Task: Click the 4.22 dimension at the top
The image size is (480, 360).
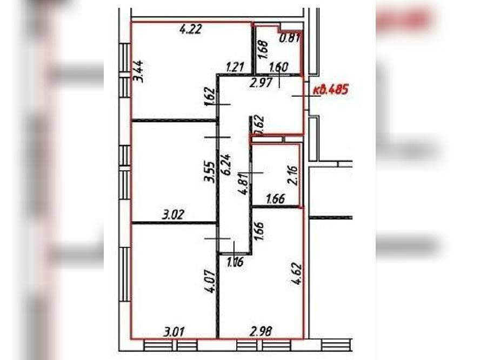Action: coord(190,30)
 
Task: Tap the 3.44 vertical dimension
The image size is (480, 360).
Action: coord(139,71)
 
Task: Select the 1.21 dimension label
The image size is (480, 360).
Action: coord(235,68)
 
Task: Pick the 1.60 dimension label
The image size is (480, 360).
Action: coord(278,68)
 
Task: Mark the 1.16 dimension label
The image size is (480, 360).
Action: coord(235,263)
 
